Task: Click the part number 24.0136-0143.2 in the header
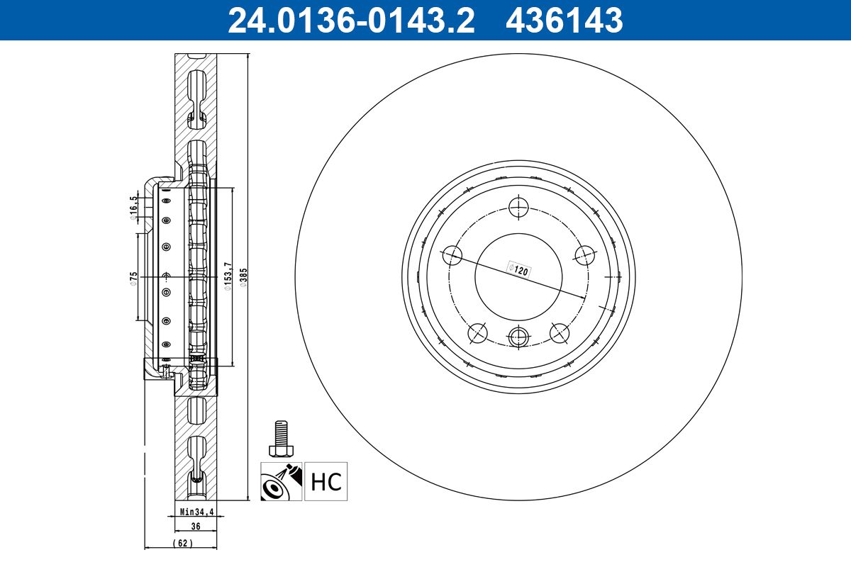350,21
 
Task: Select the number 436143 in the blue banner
564,21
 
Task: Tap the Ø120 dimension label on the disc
520,270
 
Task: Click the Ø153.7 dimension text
227,276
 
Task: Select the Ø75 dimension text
133,277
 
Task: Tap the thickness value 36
196,526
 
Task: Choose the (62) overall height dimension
182,543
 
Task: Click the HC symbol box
326,482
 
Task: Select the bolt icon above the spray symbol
282,439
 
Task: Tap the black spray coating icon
281,482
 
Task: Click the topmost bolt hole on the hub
519,208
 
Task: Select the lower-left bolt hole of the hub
479,332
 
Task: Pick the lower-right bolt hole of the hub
560,332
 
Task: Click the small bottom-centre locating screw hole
519,337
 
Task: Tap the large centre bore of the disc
518,276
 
